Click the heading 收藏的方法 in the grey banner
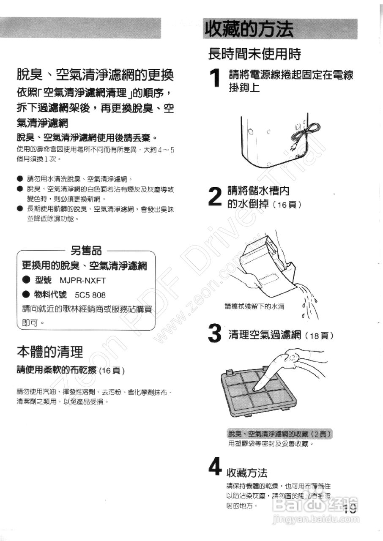pos(249,29)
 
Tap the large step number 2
pos(215,197)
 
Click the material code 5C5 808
pos(90,295)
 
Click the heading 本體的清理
pos(49,352)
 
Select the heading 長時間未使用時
pos(254,54)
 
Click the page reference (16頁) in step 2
pos(287,205)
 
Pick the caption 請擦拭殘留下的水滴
pos(254,306)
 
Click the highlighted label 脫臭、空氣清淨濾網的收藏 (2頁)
pos(279,434)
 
